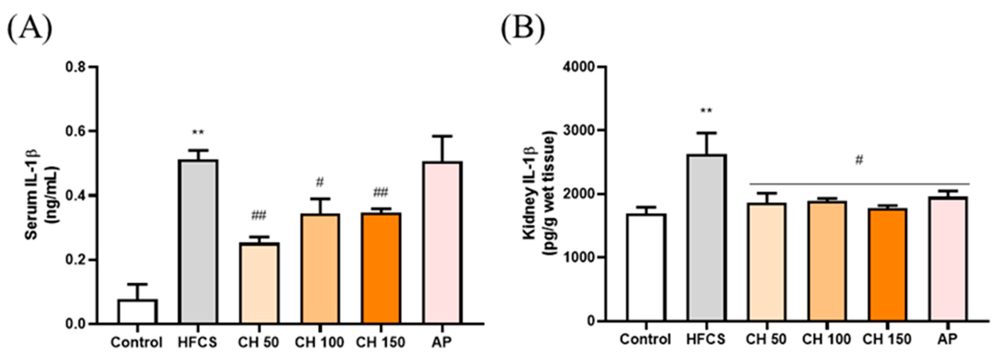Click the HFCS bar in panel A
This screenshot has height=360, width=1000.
(x=199, y=241)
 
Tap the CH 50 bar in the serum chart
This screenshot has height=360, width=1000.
(x=259, y=283)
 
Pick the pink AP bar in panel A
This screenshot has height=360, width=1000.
(x=443, y=242)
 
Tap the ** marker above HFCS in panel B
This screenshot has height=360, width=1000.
(x=706, y=111)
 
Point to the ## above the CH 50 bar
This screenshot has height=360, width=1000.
(x=258, y=215)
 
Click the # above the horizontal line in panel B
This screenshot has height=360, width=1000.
(x=859, y=160)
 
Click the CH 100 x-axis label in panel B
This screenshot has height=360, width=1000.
(x=826, y=339)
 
